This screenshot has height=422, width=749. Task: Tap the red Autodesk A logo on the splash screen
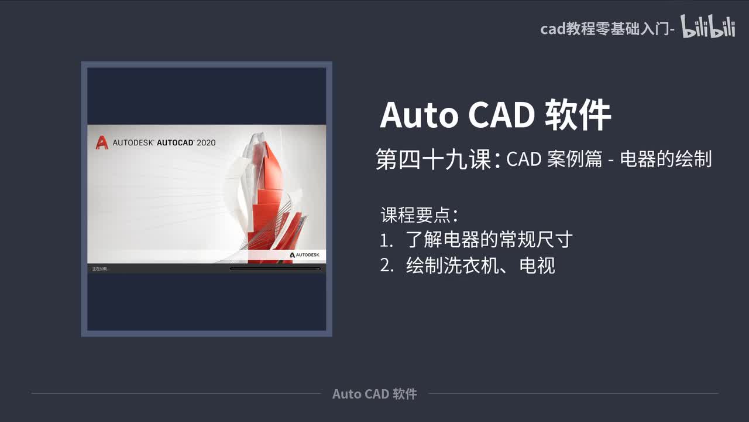(102, 142)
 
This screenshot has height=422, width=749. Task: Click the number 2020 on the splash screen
(206, 142)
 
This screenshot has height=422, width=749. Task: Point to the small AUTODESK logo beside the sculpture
(304, 255)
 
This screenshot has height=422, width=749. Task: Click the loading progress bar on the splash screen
(275, 268)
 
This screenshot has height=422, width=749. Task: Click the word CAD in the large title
(501, 115)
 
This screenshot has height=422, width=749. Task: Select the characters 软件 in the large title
(578, 115)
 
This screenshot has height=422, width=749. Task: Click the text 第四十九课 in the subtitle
(433, 159)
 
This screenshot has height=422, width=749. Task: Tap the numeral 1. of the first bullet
(386, 240)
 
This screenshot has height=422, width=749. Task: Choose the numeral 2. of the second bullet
(386, 266)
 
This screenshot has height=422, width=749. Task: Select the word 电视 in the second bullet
(537, 266)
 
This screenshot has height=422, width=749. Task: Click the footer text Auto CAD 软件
(374, 394)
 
